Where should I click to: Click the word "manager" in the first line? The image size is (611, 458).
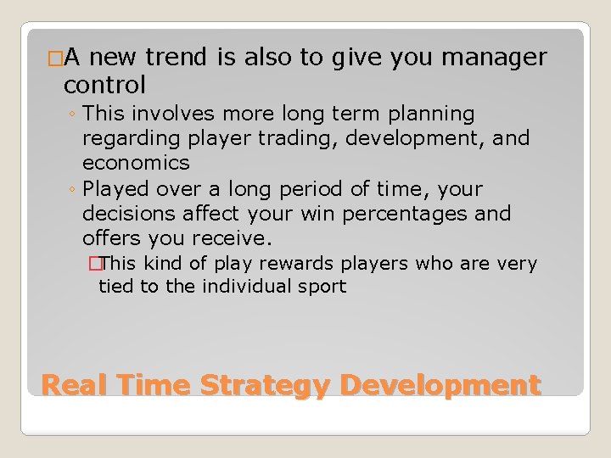point(502,57)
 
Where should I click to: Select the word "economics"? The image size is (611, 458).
point(136,162)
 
